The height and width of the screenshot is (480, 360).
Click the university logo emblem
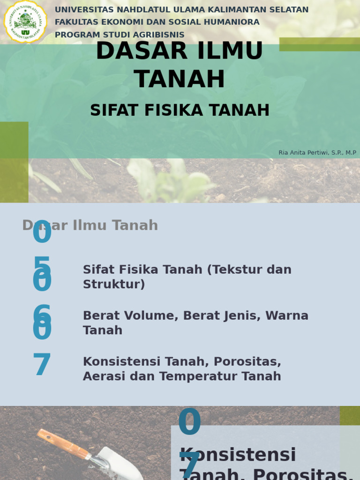25,22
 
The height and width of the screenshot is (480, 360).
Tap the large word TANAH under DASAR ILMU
180,79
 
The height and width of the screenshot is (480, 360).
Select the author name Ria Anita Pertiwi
304,153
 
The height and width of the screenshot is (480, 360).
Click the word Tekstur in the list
237,270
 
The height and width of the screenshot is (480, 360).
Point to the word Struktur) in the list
114,284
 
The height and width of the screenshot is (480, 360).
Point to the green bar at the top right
319,44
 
